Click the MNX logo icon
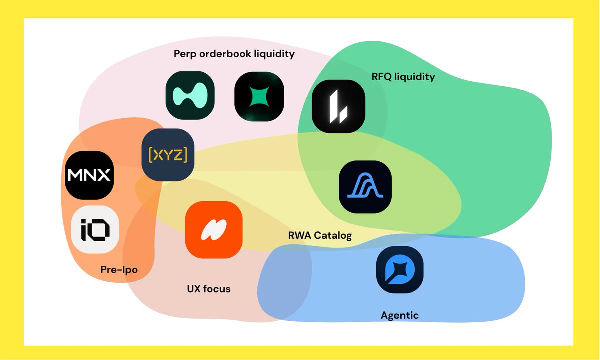(x=89, y=175)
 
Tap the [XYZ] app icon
(x=168, y=155)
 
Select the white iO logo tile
(x=95, y=230)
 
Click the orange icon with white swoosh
(x=214, y=230)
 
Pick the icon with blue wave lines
(x=365, y=187)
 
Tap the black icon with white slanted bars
(x=339, y=106)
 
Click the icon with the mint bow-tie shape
(x=190, y=95)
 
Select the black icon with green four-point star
(x=259, y=96)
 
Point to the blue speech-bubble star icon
(x=400, y=270)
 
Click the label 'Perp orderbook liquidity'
(x=234, y=54)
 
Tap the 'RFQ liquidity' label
(x=403, y=77)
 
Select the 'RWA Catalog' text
(x=320, y=235)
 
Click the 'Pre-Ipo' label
(x=119, y=269)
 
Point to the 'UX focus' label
(x=209, y=289)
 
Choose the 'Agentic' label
(x=400, y=316)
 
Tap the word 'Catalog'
(x=333, y=236)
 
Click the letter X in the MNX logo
(x=103, y=175)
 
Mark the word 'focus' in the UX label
(x=217, y=289)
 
